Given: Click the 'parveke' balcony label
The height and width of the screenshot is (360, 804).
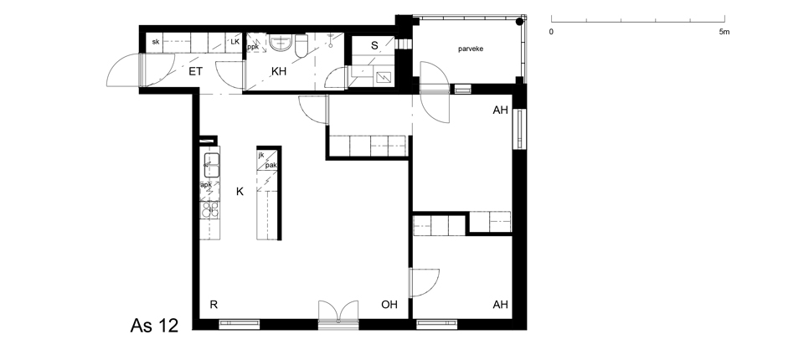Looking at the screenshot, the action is point(471,49).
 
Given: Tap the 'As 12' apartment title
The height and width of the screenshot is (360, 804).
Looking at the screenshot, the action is point(154,325).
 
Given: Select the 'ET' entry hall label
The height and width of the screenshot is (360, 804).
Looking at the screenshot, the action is point(195,71).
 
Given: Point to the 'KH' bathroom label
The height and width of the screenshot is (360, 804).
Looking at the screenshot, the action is point(279,71).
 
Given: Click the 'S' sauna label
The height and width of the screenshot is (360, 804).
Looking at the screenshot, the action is point(374,46).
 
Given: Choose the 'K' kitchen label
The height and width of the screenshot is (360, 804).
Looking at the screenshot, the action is point(240,192).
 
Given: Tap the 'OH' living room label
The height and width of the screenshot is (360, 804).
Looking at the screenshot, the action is point(389,305).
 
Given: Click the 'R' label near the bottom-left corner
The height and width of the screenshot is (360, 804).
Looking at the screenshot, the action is point(214,305).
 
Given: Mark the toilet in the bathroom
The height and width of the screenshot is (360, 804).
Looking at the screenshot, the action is point(301,46).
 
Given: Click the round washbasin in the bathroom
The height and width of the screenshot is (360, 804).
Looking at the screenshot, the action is point(281,43).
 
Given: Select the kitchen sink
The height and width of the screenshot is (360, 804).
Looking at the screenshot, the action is point(212,165).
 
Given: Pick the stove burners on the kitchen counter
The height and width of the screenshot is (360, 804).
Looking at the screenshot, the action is point(209,210).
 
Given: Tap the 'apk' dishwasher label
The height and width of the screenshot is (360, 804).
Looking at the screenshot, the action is point(206,185).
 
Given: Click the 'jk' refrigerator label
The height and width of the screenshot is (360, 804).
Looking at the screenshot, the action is point(261,155).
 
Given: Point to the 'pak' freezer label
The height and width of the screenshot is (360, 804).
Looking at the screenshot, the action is point(271,165).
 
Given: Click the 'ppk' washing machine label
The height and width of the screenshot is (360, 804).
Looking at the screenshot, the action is point(253,47).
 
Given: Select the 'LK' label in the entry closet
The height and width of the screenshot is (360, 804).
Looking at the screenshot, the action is point(234,42).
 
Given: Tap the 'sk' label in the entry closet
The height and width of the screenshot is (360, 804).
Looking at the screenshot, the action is point(156,42).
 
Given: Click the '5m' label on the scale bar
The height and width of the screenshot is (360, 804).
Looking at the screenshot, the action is point(724,32).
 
